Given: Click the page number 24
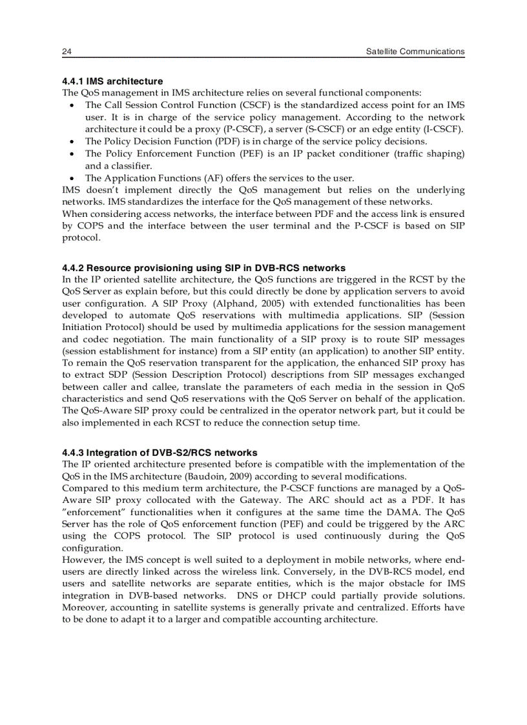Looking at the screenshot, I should pos(67,52).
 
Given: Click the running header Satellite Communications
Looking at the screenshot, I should pos(415,52).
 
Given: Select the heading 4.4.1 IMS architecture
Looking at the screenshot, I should pos(112,81).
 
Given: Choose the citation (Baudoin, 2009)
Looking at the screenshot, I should pos(222,476).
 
